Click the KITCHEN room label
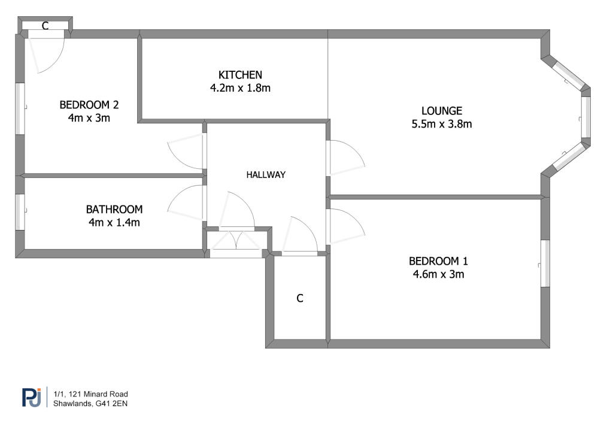[240, 75]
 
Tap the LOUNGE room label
[442, 111]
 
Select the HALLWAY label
[266, 175]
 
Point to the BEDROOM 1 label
[438, 261]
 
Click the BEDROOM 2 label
[89, 105]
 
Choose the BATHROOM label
[114, 209]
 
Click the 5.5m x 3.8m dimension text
[442, 125]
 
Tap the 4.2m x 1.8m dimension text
[240, 88]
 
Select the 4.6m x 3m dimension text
[438, 274]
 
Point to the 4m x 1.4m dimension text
[114, 223]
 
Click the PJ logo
[32, 397]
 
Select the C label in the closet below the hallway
[300, 298]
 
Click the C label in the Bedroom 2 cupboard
[45, 26]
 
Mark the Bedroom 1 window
[545, 263]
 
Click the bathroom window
[20, 212]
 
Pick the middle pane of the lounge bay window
[585, 117]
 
